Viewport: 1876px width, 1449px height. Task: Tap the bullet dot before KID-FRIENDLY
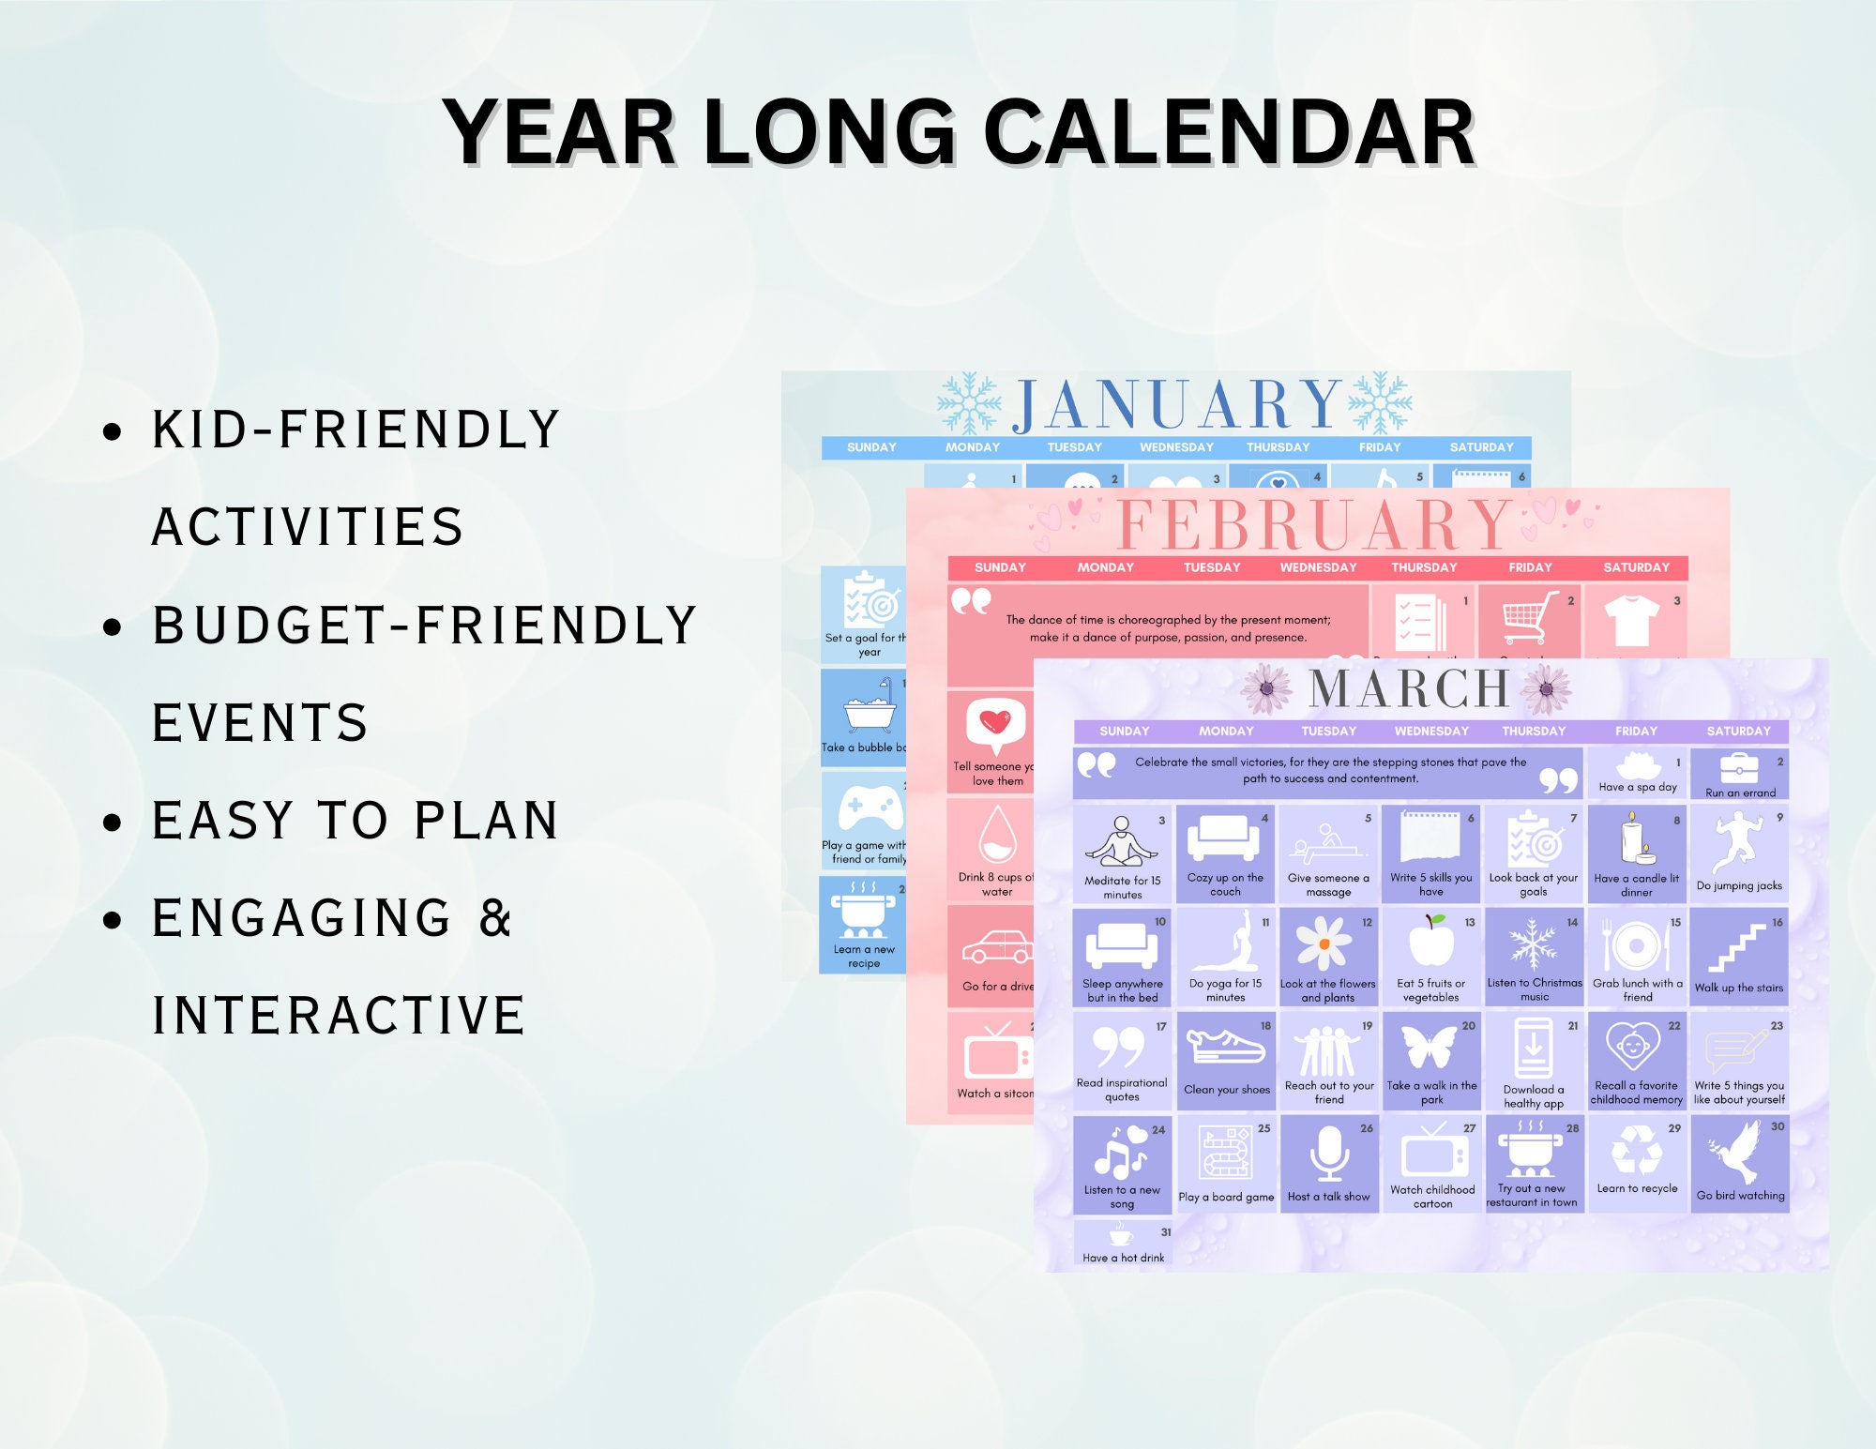(x=113, y=431)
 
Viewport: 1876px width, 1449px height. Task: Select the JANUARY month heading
(x=1177, y=404)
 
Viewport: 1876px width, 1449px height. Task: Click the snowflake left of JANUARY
(x=969, y=403)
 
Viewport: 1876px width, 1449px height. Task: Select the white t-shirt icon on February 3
(x=1632, y=621)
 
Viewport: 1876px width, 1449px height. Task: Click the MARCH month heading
(x=1409, y=689)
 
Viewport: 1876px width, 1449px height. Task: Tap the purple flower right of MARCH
(x=1548, y=688)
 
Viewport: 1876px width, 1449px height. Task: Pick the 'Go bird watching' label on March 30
(x=1740, y=1196)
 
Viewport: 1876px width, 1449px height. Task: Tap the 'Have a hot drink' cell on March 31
(x=1123, y=1245)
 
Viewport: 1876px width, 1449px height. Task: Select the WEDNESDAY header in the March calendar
(x=1431, y=732)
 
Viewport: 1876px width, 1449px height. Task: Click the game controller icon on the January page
(x=868, y=808)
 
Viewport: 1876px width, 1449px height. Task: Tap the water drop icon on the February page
(x=997, y=835)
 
